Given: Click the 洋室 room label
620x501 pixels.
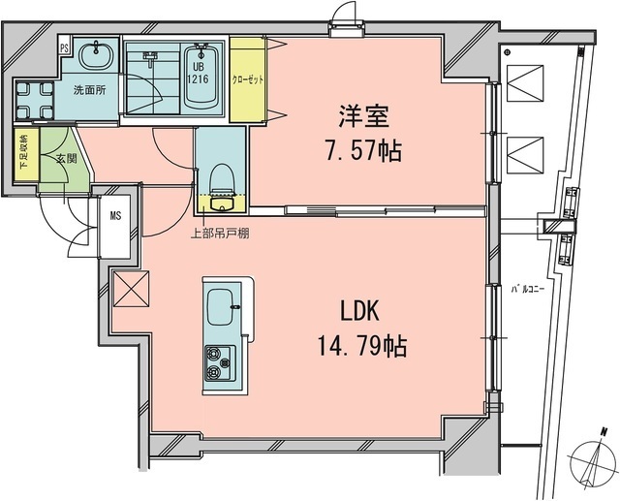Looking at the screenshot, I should coord(363,118).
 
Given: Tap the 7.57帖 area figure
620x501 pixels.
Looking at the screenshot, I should coord(363,150).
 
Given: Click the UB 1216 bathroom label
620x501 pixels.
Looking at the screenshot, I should coord(199,69).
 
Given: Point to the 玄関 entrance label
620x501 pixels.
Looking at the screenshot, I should coord(65,158).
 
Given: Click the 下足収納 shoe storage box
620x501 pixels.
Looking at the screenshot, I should coord(24,153).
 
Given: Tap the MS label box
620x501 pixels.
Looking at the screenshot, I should coord(115,215).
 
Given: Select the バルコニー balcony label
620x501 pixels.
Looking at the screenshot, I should coord(529,288).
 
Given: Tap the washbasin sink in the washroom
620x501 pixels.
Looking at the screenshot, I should coord(95,57).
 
